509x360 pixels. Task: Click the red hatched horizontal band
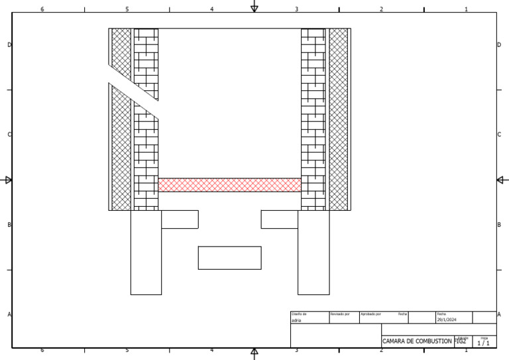tap(229, 185)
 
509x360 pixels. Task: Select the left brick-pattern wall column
tap(146, 152)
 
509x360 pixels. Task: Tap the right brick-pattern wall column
tap(313, 119)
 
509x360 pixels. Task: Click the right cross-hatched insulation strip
tap(338, 119)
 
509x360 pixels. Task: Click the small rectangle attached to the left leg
tap(180, 219)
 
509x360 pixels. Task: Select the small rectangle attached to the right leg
tap(279, 219)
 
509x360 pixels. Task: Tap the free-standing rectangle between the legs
tap(229, 258)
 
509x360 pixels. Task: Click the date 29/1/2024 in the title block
tap(447, 320)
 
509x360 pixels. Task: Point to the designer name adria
tap(296, 320)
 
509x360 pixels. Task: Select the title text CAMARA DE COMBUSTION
tap(417, 341)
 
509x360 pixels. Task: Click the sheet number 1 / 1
tap(484, 343)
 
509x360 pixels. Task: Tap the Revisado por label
tap(339, 314)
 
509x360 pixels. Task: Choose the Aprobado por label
tap(370, 314)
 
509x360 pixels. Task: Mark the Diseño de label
tap(299, 314)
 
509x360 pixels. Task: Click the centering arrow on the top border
tap(254, 7)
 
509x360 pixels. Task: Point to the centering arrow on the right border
tap(502, 180)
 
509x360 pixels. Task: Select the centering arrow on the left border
tap(7, 180)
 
